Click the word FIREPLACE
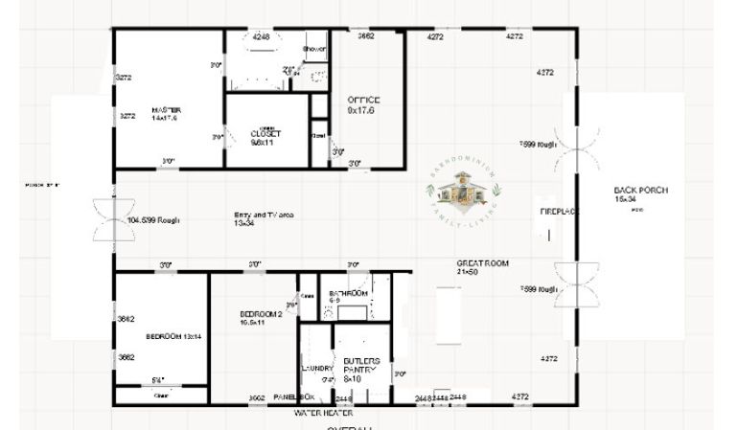point(558,211)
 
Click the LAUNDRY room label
point(316,368)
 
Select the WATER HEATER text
point(324,413)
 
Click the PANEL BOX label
point(293,396)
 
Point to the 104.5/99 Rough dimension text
point(153,220)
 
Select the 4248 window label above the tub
point(261,36)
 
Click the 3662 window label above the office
point(365,36)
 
